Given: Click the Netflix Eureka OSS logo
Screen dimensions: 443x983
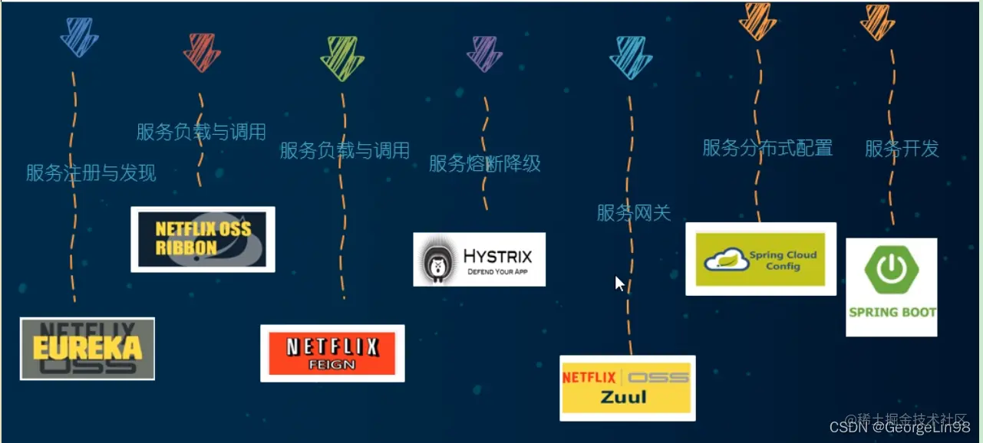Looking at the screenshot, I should [x=87, y=349].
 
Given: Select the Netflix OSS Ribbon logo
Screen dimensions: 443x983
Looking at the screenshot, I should [x=203, y=239].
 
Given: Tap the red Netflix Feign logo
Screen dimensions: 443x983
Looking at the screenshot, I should [x=332, y=353].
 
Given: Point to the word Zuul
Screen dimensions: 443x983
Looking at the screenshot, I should [x=623, y=397].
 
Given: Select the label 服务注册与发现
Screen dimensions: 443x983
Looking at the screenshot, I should [x=91, y=173].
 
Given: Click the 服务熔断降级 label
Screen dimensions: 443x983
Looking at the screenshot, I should [x=484, y=163].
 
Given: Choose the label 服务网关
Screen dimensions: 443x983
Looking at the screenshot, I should [x=634, y=212].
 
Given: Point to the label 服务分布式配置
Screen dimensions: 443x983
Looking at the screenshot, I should [x=767, y=148].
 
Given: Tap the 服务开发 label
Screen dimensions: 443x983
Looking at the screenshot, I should [x=902, y=149].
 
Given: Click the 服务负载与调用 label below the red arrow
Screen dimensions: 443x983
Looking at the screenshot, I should [x=201, y=132].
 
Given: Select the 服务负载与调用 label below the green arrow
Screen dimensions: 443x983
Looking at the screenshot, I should [x=345, y=150].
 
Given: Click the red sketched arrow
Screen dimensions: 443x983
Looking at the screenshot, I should [x=202, y=52].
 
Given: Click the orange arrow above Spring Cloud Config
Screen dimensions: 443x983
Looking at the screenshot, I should [x=757, y=21].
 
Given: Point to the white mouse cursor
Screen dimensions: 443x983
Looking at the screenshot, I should [x=619, y=284].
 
